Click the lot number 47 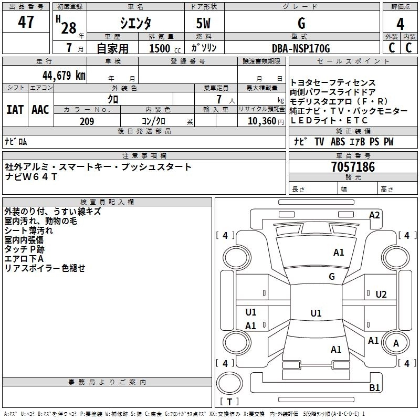pyautogui.click(x=26, y=23)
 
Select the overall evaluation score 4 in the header pyautogui.click(x=401, y=24)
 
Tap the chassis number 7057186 pyautogui.click(x=353, y=167)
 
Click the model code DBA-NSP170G pyautogui.click(x=301, y=48)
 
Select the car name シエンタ pyautogui.click(x=136, y=24)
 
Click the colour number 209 pyautogui.click(x=87, y=121)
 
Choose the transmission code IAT pyautogui.click(x=15, y=109)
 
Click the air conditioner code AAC pyautogui.click(x=40, y=109)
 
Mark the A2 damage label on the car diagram pyautogui.click(x=374, y=215)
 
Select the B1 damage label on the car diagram pyautogui.click(x=374, y=387)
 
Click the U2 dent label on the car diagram pyautogui.click(x=381, y=294)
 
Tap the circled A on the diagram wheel pyautogui.click(x=396, y=343)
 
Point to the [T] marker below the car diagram pyautogui.click(x=232, y=402)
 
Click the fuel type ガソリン pyautogui.click(x=204, y=48)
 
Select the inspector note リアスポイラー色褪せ pyautogui.click(x=45, y=268)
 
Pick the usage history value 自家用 pyautogui.click(x=113, y=48)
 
